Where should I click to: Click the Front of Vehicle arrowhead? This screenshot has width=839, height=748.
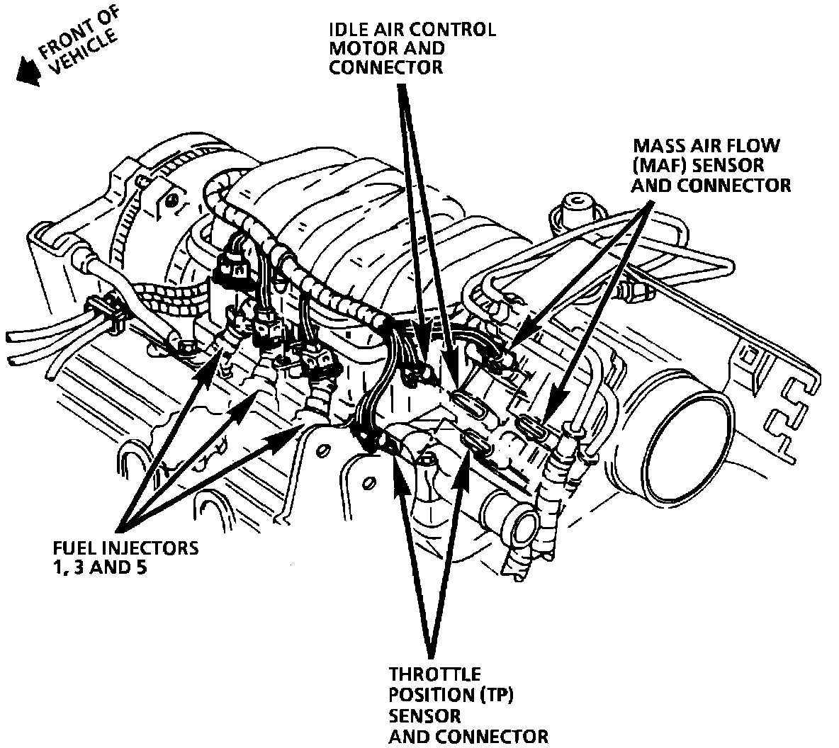click(27, 71)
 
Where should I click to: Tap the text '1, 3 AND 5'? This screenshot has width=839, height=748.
click(100, 568)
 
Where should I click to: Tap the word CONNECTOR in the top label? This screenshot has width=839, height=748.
click(385, 67)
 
